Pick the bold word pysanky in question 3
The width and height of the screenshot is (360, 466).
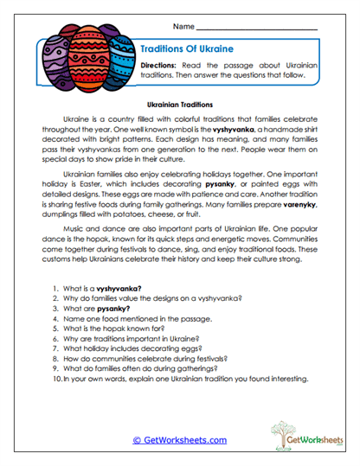111,309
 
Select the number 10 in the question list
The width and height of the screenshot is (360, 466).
56,380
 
